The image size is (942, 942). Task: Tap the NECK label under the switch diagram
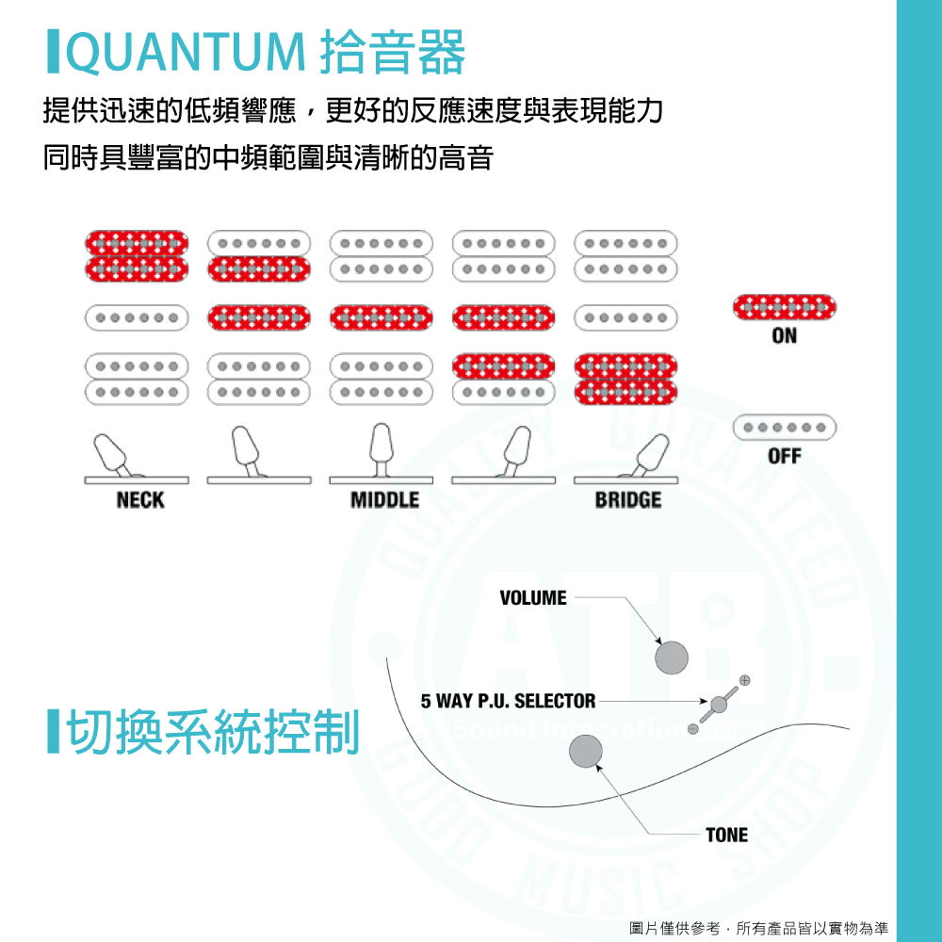pos(139,500)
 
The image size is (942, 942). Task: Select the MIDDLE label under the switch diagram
pos(384,500)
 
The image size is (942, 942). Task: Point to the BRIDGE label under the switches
pos(628,500)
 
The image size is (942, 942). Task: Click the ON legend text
pos(784,335)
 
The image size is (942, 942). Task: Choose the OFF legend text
pos(784,456)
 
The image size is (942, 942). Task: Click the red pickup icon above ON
pos(784,306)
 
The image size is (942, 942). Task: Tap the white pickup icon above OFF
pos(784,428)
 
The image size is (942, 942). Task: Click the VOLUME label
pos(533,598)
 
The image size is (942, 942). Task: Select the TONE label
pos(726,835)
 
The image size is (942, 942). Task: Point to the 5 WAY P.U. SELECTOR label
pos(508,701)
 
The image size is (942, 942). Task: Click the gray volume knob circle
pos(673,657)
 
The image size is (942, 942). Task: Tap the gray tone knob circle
pos(586,751)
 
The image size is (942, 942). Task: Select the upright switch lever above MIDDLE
pos(381,448)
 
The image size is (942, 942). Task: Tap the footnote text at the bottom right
pos(758,928)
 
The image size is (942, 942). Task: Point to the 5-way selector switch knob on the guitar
pos(719,704)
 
